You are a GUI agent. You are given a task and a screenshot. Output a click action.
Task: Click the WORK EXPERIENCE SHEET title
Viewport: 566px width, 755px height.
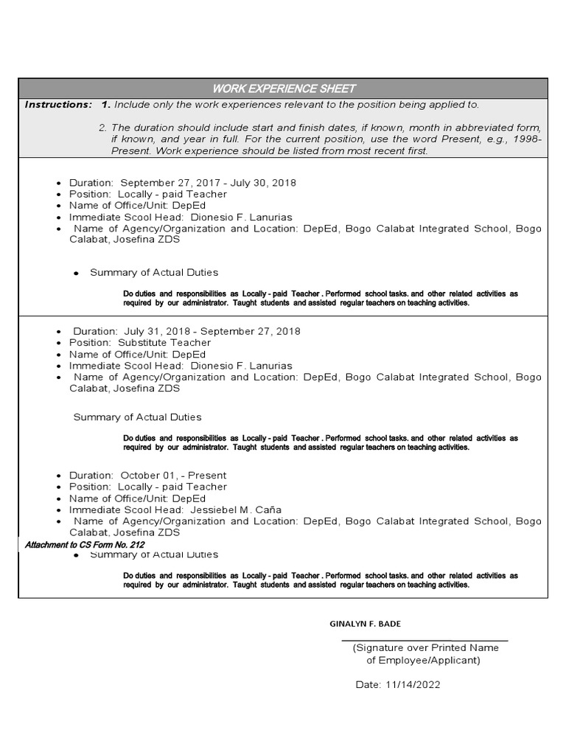pos(284,88)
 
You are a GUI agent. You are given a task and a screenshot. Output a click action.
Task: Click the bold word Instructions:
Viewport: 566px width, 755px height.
pos(58,105)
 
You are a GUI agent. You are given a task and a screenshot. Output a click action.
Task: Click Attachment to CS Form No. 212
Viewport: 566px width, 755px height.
pos(85,545)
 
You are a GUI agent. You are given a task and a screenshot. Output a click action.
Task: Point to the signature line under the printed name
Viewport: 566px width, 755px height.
pos(425,641)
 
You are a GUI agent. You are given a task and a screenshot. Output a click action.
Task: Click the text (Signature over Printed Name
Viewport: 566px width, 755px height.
pos(425,648)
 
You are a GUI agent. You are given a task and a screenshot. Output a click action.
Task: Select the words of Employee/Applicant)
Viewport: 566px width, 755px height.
pos(423,660)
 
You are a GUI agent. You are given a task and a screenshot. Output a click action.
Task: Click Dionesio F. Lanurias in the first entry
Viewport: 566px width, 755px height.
pos(241,218)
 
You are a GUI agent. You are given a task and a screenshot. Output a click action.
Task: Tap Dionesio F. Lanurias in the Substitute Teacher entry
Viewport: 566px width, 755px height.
pos(241,366)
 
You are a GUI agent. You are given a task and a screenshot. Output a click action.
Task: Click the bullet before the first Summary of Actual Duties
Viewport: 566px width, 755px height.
pos(76,274)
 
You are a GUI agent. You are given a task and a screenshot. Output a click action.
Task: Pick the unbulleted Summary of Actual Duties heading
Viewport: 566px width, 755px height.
pos(137,417)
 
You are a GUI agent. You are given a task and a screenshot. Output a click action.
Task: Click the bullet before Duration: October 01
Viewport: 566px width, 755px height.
pos(58,476)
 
